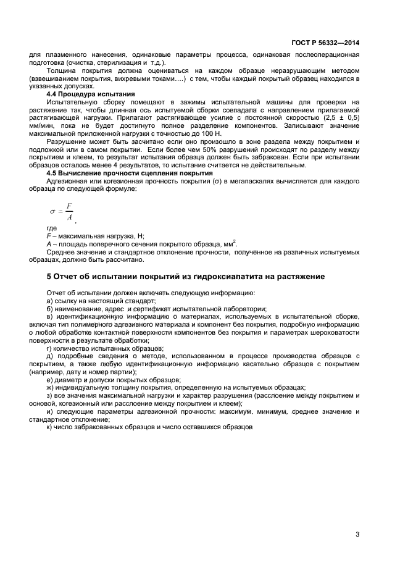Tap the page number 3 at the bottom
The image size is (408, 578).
coord(357,535)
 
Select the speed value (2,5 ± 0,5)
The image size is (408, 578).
coord(343,117)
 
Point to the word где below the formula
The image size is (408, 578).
coord(52,228)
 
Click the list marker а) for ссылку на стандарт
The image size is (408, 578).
coord(49,301)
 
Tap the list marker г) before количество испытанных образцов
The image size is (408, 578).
coord(49,348)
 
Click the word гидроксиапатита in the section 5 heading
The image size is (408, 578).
coord(213,276)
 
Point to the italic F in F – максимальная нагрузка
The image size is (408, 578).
coord(49,236)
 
